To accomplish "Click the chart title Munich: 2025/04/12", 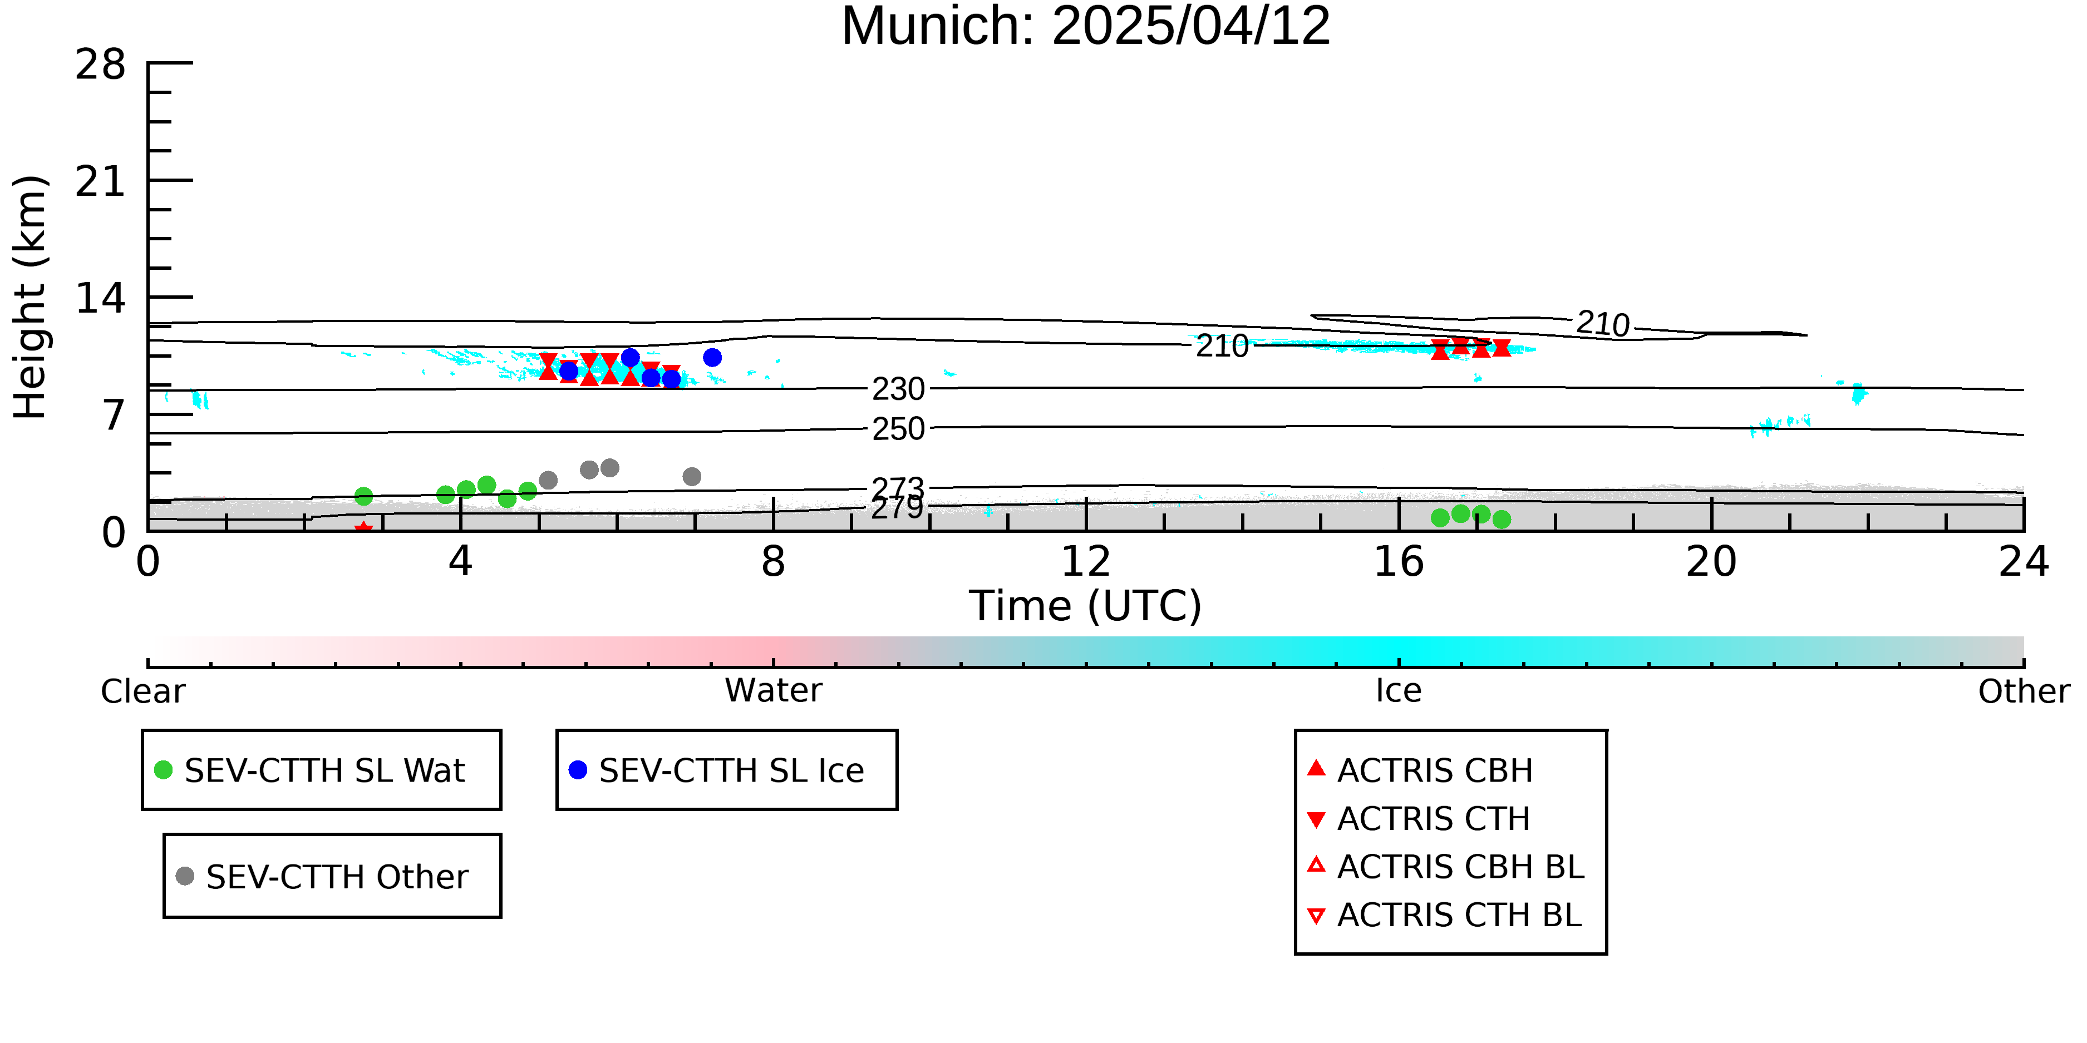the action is pos(1086,26).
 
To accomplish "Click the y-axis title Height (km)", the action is pos(30,297).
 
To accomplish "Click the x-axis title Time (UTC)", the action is pos(1086,606).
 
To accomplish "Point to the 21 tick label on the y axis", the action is pos(101,181).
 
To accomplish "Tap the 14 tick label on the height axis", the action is pos(101,299).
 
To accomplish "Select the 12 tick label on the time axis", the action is pos(1086,561).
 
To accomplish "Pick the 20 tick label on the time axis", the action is pos(1711,561).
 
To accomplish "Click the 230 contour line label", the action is pos(898,389).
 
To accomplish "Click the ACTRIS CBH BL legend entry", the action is pos(1446,867).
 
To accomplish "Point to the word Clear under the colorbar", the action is pos(142,691).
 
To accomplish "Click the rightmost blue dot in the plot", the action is pos(712,358).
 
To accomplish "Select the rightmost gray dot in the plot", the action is pos(691,477).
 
